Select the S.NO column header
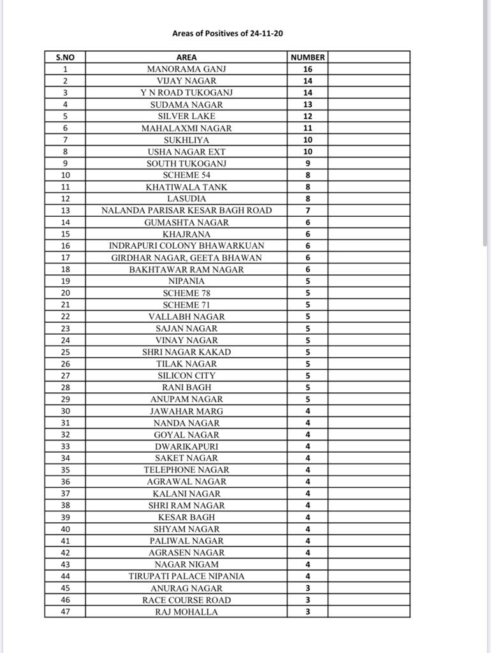tap(65, 57)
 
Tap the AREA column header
tap(186, 57)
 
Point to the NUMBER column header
tap(308, 57)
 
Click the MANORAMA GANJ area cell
tap(186, 69)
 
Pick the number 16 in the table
tap(308, 69)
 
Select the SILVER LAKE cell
tap(186, 116)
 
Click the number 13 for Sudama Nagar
tap(308, 105)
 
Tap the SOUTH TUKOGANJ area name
tap(186, 163)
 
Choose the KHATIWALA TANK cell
tap(186, 187)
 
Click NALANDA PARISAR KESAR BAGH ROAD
tap(186, 210)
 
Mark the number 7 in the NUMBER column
tap(308, 210)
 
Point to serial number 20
tap(65, 293)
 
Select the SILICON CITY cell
tap(186, 376)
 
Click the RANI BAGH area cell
tap(186, 387)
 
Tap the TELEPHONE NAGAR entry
tap(186, 470)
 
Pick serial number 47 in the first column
tap(65, 612)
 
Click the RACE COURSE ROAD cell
tap(186, 600)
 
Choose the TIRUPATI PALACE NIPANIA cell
tap(186, 576)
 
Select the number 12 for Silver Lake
tap(308, 116)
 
